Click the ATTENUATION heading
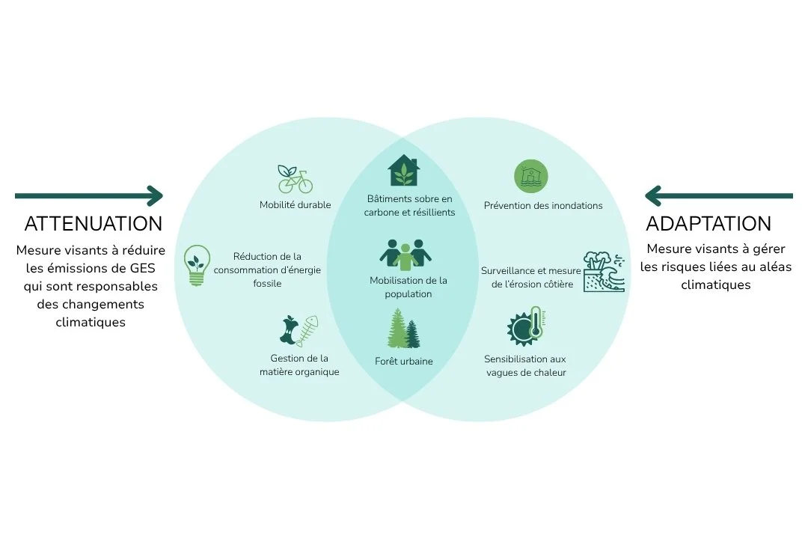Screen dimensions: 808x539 coord(94,223)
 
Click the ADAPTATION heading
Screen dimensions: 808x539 coord(708,223)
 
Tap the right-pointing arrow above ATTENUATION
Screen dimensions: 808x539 coord(88,196)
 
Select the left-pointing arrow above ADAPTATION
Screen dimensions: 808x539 coord(719,196)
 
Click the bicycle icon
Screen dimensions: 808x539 coord(296,179)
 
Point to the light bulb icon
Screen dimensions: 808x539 coord(197,265)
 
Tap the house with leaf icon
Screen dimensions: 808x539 coord(403,170)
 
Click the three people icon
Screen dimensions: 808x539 coord(405,255)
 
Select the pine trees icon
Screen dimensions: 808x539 coord(404,328)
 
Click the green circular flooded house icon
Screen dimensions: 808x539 coord(530,176)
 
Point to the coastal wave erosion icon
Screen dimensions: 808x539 coord(604,272)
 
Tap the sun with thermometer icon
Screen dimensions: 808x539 coord(526,326)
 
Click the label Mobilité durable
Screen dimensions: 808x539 coord(296,205)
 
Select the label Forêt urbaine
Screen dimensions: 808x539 coord(404,361)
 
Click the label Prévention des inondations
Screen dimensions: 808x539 coord(543,205)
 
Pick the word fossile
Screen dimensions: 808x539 coord(267,283)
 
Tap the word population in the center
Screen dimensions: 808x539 coord(408,294)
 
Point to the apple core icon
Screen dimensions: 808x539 coord(289,330)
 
